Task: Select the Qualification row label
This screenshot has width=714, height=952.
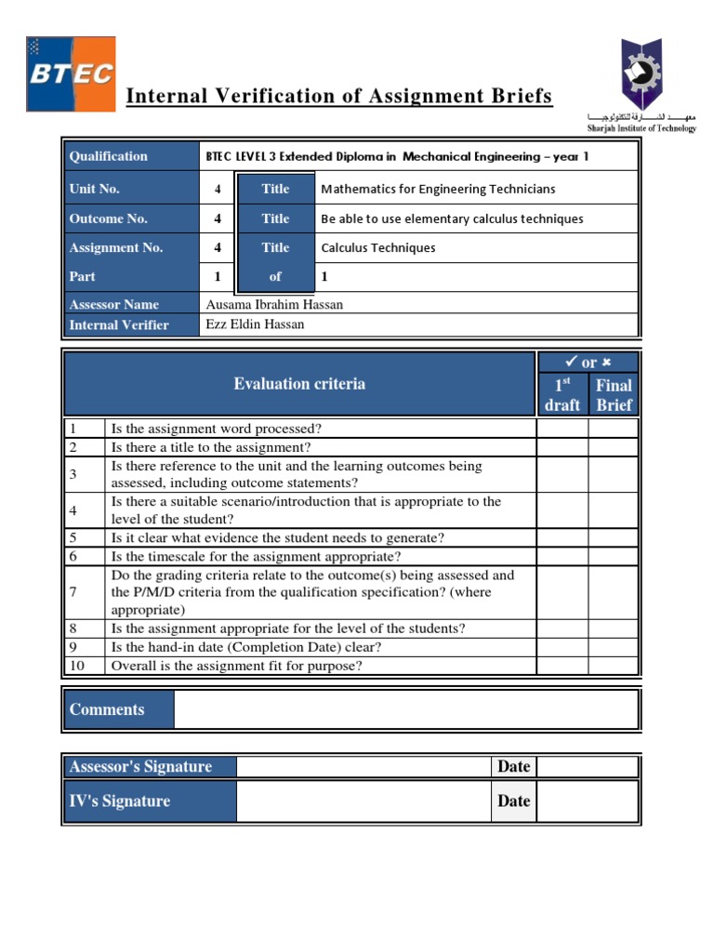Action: tap(109, 156)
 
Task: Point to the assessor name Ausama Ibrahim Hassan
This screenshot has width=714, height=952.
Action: tap(274, 304)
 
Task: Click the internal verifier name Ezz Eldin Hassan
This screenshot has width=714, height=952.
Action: tap(255, 324)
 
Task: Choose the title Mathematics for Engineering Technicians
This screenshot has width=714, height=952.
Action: tap(438, 189)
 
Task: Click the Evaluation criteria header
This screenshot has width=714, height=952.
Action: tap(299, 384)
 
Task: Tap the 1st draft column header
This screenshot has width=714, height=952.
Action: tap(562, 394)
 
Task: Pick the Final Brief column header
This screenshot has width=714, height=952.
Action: tap(614, 394)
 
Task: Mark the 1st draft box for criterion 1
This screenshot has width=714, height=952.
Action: tap(562, 429)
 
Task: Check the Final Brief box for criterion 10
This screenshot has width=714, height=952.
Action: tap(614, 666)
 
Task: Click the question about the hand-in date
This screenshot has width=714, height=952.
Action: tap(246, 647)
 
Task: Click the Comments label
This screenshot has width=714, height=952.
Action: tap(107, 709)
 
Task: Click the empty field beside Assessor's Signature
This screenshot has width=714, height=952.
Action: tap(364, 766)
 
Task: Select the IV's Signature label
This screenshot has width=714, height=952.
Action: tap(120, 800)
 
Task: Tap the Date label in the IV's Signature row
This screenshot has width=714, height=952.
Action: tap(513, 800)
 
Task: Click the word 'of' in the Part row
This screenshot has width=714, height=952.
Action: tap(275, 276)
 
